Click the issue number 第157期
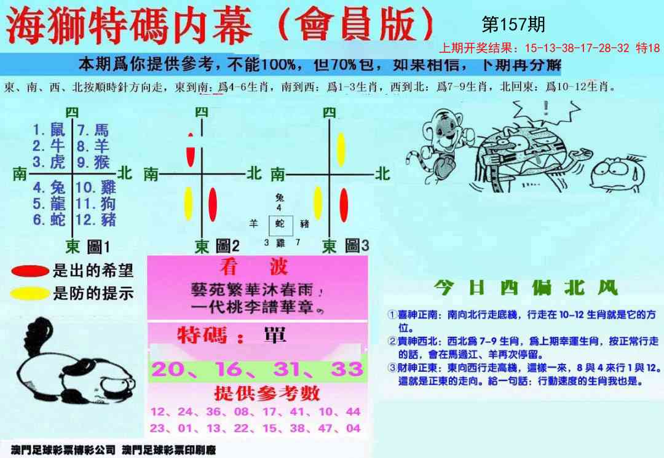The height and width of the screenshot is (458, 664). [513, 25]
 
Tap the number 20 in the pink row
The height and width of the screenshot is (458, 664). [167, 369]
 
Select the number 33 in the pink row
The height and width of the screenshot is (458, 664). [346, 369]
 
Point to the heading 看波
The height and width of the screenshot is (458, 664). [253, 267]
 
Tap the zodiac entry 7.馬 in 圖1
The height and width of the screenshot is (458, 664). [93, 130]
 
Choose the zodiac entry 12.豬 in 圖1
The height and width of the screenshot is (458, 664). [95, 219]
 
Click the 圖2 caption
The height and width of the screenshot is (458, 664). [227, 247]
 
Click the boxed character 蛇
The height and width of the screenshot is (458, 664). [280, 224]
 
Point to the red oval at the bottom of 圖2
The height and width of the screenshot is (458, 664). [213, 204]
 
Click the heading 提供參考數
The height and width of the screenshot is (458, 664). [258, 393]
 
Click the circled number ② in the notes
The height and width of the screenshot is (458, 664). [392, 341]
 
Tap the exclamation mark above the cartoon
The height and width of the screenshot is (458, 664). [545, 109]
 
